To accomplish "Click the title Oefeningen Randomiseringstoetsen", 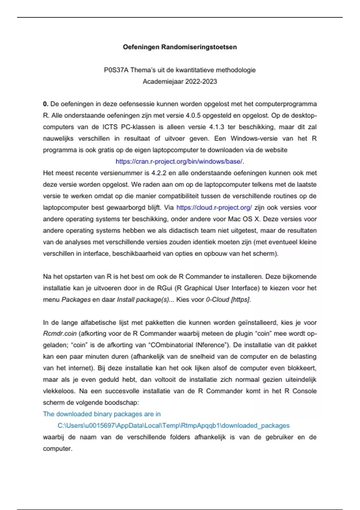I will coord(180,47).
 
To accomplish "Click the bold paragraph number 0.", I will coord(46,104).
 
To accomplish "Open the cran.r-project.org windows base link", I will coord(179,161).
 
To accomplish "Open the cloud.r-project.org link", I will coord(214,208).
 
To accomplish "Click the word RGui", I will coord(165,288).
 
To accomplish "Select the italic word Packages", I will coord(76,300).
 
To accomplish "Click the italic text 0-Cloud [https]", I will coord(228,300).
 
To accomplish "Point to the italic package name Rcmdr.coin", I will coord(60,334).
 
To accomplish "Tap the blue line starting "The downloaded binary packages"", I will coord(102,414).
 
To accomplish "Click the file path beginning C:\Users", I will coord(173,426).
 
